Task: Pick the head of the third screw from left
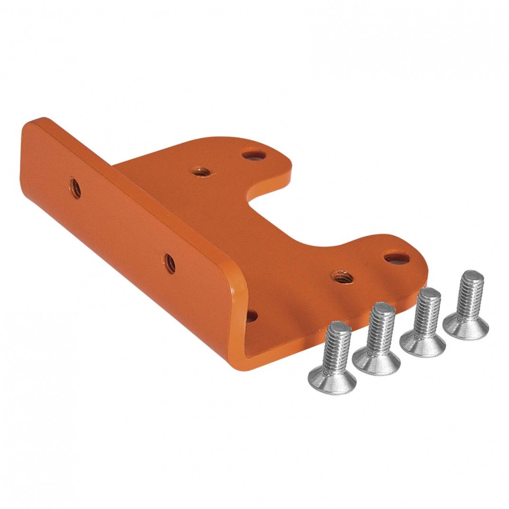[422, 344]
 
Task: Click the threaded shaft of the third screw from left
[426, 311]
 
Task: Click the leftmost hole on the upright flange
[75, 187]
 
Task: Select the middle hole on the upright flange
[169, 264]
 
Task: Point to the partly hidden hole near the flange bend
[252, 315]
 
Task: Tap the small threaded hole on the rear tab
[199, 171]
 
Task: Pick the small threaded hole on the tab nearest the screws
[342, 276]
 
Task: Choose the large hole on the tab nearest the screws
[396, 259]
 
